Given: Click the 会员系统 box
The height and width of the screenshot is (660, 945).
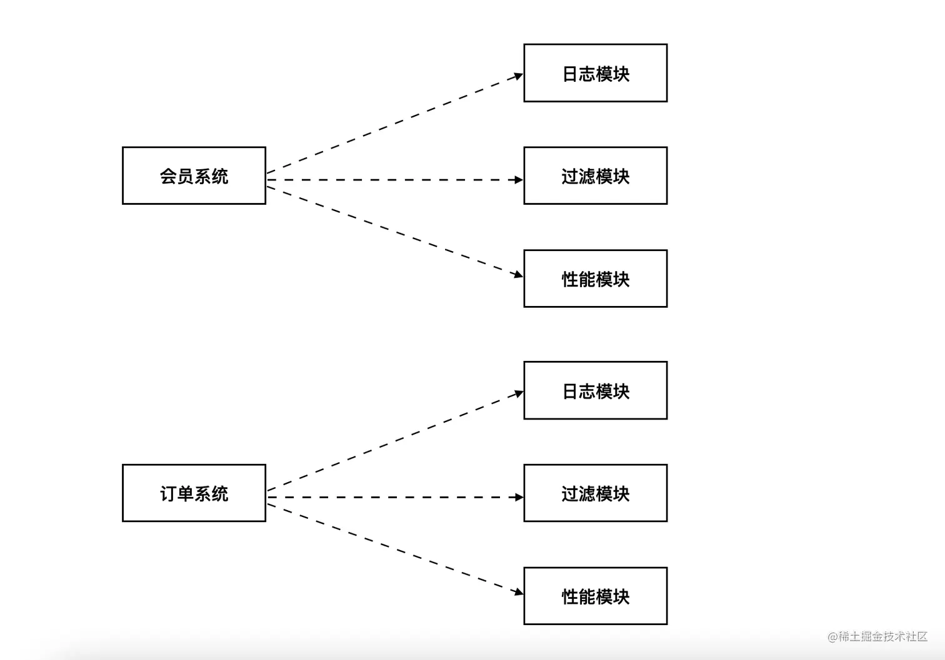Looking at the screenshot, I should click(194, 175).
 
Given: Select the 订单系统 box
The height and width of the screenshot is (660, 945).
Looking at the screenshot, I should click(194, 493).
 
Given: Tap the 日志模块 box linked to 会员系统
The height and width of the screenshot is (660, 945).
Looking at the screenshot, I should click(595, 73).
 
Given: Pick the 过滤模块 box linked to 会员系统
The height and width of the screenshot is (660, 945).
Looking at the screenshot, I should click(595, 175).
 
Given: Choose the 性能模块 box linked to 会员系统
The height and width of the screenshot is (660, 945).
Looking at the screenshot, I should click(595, 278).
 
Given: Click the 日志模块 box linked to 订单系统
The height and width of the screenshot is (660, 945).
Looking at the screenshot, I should click(595, 390).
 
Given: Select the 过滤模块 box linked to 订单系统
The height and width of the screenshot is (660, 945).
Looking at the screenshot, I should click(595, 493).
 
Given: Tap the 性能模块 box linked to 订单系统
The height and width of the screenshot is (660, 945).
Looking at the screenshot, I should click(595, 596).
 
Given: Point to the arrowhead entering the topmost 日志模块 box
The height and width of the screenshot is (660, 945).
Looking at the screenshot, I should click(518, 76).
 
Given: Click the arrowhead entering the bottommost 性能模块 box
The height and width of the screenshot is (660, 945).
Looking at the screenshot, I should click(518, 591).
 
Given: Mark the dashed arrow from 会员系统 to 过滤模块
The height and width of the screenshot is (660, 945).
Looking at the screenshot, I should click(394, 180).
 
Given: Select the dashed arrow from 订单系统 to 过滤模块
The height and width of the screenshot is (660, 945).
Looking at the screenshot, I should click(394, 497).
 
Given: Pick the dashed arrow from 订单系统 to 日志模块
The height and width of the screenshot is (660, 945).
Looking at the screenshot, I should click(394, 441).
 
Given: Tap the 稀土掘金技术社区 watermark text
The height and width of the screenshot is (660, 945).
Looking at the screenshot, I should click(883, 636).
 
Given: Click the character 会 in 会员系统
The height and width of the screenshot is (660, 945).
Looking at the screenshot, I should click(168, 176).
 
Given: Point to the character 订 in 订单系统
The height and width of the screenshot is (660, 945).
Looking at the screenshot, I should click(168, 494).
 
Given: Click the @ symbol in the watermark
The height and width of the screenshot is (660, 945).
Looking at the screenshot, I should click(832, 637).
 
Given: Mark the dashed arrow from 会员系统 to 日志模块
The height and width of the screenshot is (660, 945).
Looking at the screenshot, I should click(394, 124).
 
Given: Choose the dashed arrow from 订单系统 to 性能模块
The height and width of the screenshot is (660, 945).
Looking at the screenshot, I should click(394, 548).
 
